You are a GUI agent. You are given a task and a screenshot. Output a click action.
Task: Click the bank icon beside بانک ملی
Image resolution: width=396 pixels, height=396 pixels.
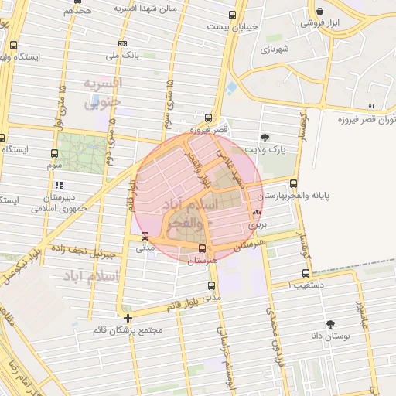coord(122,44)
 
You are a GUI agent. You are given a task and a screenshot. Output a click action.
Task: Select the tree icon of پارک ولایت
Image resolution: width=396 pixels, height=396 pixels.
coord(265,137)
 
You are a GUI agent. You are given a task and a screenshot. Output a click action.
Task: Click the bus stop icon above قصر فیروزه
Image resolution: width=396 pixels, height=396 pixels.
coord(208,118)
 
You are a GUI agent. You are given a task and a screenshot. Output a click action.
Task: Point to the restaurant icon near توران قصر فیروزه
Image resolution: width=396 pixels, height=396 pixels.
coord(372,107)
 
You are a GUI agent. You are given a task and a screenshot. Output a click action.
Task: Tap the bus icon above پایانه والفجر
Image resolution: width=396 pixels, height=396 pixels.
coord(293,183)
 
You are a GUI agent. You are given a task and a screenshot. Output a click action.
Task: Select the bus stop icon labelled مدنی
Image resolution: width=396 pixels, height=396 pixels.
coord(145,236)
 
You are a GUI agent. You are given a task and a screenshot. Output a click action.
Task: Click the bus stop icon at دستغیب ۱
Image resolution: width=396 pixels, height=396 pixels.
coord(306,273)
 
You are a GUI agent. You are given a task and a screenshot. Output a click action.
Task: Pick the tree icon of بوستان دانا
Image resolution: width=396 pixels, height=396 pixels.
coord(331,324)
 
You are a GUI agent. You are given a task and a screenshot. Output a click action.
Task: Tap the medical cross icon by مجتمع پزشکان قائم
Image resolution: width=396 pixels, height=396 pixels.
coord(128,317)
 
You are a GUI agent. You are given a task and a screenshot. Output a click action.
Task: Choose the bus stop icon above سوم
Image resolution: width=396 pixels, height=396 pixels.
coord(54,153)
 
